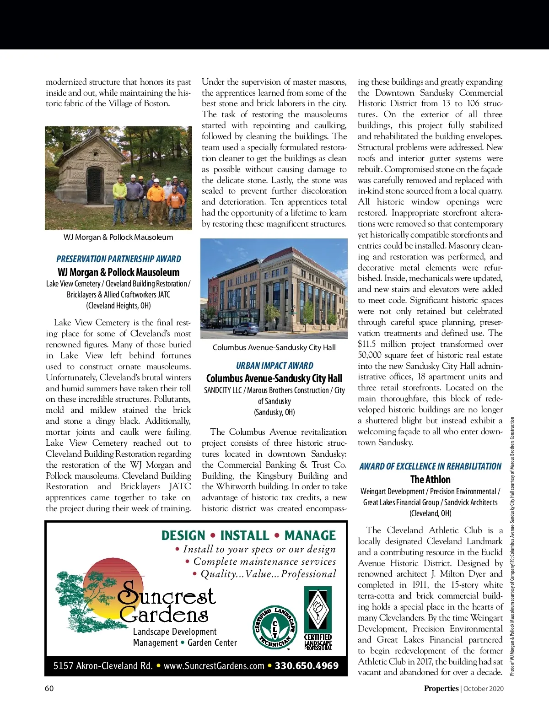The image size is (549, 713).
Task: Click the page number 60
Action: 49,688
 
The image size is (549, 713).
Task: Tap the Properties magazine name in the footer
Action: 441,688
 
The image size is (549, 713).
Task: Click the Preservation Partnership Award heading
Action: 118,259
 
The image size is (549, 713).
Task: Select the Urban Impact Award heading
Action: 274,366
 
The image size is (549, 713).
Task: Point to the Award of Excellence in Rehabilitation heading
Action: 430,466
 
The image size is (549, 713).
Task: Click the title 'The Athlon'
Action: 430,480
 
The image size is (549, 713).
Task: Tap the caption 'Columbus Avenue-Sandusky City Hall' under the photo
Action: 274,347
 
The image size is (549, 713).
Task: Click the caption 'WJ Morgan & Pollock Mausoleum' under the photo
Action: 118,237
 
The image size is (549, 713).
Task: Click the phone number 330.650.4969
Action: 307,666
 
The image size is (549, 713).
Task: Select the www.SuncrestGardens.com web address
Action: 214,666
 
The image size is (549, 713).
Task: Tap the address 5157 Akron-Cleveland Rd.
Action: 103,666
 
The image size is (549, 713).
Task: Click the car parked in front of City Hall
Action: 245,328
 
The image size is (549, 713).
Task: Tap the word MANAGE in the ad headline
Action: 310,535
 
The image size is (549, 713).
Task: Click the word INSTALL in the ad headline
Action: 244,535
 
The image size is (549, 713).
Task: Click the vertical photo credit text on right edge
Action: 512,546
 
